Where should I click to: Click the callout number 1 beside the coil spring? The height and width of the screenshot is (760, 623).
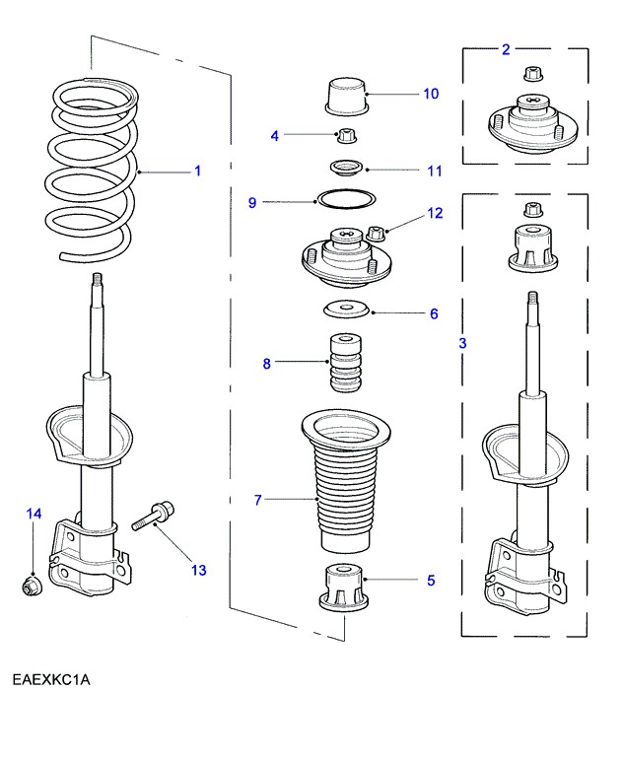tap(197, 172)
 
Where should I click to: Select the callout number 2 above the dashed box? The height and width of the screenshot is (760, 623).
tap(506, 48)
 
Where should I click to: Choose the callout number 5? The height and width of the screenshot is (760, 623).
tap(431, 581)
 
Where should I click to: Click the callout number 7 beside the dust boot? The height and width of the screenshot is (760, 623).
tap(258, 501)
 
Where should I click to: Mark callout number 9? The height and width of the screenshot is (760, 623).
tap(252, 202)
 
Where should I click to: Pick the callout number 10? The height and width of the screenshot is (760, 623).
tap(431, 94)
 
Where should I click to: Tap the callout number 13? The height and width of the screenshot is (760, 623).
tap(199, 569)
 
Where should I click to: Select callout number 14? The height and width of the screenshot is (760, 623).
tap(35, 514)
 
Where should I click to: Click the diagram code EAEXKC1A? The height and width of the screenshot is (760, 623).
tap(51, 680)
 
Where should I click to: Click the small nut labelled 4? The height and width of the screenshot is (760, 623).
tap(346, 135)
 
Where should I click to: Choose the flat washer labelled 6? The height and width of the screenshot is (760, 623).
tap(346, 311)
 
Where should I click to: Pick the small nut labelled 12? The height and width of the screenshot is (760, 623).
tap(376, 235)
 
